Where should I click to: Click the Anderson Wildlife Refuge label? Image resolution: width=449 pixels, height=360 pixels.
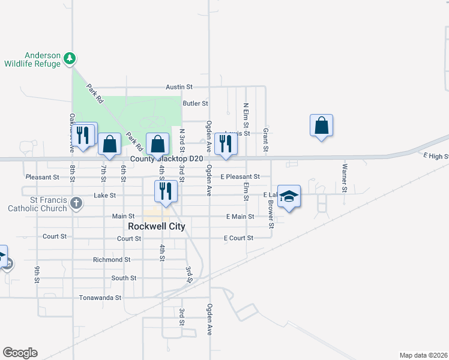tap(32, 59)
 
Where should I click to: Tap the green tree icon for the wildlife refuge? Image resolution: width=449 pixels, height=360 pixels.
tap(71, 58)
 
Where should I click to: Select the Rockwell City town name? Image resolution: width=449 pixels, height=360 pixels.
tap(157, 226)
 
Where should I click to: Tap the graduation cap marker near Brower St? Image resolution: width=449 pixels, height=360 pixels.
tap(289, 197)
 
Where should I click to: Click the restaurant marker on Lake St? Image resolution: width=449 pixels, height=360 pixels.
tap(164, 190)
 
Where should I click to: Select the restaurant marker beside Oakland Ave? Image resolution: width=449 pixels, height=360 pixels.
tap(83, 134)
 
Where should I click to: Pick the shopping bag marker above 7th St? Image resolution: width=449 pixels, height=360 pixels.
tap(109, 144)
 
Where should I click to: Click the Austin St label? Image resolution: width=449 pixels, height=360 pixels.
tap(179, 87)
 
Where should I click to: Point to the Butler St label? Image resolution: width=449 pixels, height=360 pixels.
tap(195, 103)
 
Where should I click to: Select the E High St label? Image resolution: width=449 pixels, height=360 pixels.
tap(436, 156)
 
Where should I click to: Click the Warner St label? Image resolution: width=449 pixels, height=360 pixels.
tap(345, 178)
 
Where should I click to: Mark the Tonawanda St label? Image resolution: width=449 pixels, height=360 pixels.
tap(101, 297)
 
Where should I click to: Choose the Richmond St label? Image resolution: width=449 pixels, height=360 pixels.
tap(112, 260)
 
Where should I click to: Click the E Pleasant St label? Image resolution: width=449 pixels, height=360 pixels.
tap(240, 177)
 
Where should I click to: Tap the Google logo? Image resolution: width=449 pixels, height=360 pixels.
tap(20, 353)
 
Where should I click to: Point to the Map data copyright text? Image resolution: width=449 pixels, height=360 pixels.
tap(423, 355)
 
